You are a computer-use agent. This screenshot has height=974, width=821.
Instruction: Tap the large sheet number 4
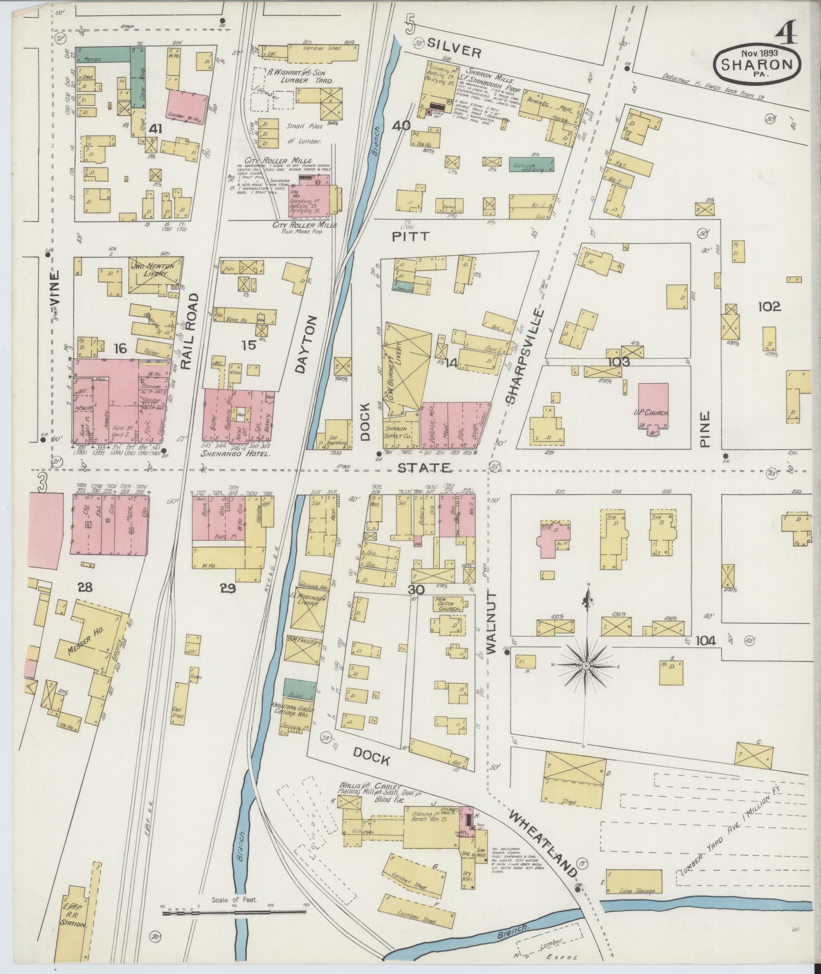787,35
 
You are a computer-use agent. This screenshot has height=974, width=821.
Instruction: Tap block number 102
769,307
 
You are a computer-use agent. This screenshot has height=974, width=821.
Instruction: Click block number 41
154,129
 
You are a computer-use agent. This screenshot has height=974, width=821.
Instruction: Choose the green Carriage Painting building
531,164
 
